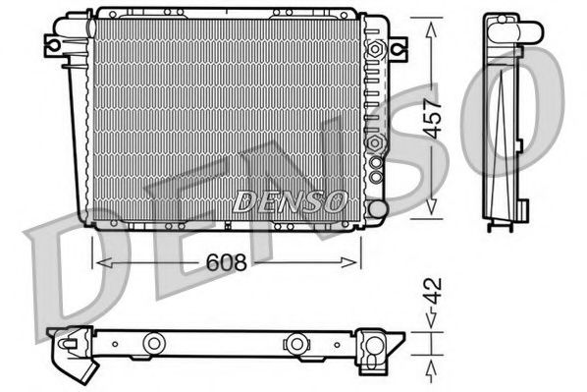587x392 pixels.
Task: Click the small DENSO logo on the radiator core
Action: click(x=291, y=201)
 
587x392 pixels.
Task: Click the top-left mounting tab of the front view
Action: click(x=53, y=43)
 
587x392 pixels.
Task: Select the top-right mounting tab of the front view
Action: click(x=397, y=46)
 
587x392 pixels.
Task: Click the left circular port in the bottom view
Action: click(x=152, y=343)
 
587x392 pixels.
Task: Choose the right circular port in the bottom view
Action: click(x=294, y=343)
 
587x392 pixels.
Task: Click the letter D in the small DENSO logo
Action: click(x=243, y=201)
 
